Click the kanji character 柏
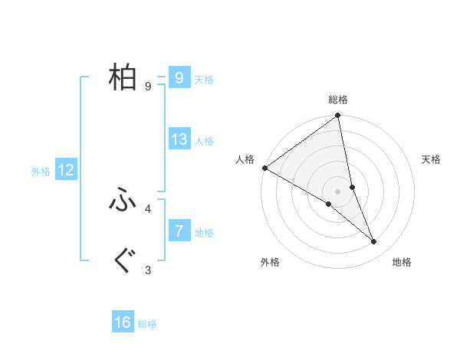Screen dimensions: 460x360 point(123,77)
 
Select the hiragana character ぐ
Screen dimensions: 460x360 point(123,261)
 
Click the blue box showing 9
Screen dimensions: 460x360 point(179,78)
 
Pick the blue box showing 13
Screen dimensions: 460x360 point(179,139)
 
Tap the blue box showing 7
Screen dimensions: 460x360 point(179,231)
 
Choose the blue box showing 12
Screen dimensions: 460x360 point(65,171)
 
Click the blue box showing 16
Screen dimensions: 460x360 point(123,323)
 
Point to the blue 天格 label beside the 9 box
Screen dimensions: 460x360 point(204,80)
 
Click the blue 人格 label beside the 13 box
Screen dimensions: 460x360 point(204,141)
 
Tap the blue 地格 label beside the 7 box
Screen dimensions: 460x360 point(204,233)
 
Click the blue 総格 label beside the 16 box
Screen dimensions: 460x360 point(147,325)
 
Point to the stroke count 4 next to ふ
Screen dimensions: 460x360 point(148,208)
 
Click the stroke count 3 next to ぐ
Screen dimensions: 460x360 point(148,270)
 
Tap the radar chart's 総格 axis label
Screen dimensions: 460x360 point(338,100)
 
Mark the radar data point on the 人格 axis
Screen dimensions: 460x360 point(264,168)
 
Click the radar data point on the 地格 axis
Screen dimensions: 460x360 point(374,242)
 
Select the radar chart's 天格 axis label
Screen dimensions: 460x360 point(432,159)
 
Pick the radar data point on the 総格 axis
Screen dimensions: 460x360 point(338,116)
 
